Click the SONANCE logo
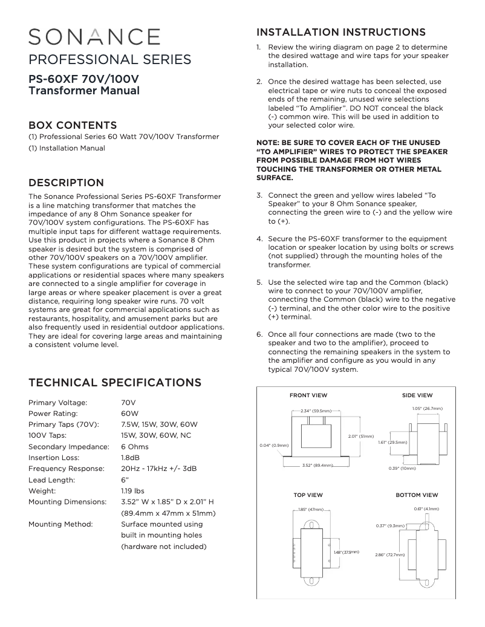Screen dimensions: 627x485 coord(94,37)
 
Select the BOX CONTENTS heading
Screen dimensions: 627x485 coord(73,125)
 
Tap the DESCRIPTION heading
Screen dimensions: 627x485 coord(67,183)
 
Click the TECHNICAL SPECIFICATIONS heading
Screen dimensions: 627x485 coord(115,383)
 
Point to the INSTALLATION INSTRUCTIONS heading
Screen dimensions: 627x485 coord(341,32)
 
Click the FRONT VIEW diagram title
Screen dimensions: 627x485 coord(308,395)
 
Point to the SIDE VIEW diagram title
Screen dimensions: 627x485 coord(417,395)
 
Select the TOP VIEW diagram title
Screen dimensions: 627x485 coord(308,495)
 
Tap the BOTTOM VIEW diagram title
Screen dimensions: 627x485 coord(417,495)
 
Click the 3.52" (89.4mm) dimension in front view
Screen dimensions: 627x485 coord(317,465)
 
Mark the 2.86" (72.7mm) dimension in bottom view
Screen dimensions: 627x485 coord(389,554)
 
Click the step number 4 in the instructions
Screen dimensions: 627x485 coord(259,239)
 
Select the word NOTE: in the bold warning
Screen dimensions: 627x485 coord(268,143)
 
